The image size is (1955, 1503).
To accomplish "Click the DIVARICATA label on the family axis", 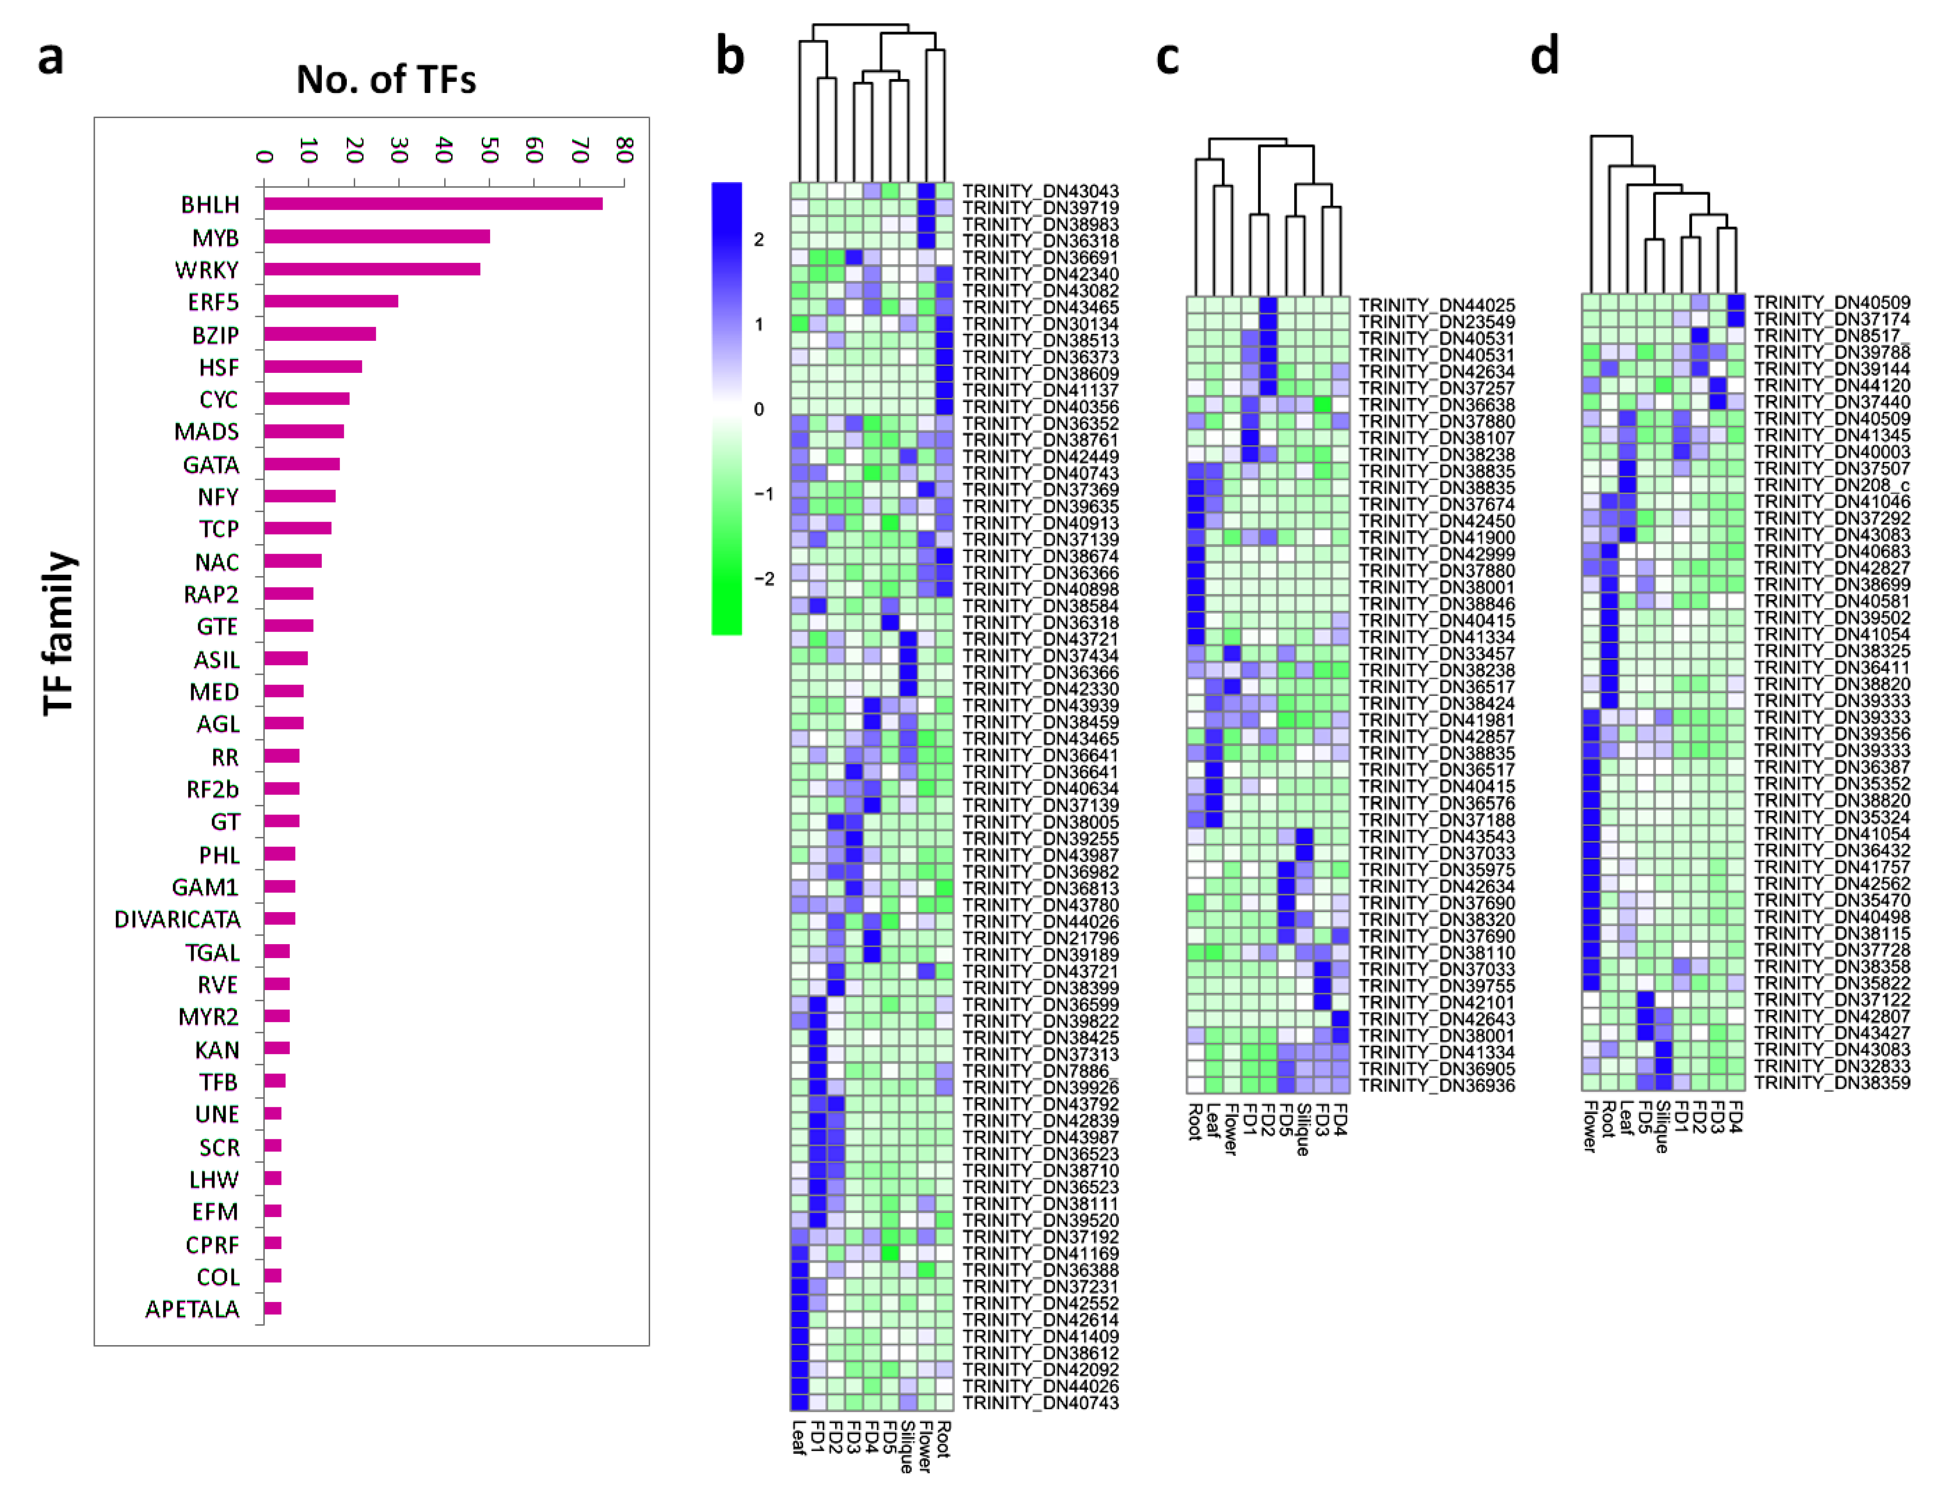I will point(177,920).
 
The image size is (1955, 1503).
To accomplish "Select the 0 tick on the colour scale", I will point(759,410).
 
